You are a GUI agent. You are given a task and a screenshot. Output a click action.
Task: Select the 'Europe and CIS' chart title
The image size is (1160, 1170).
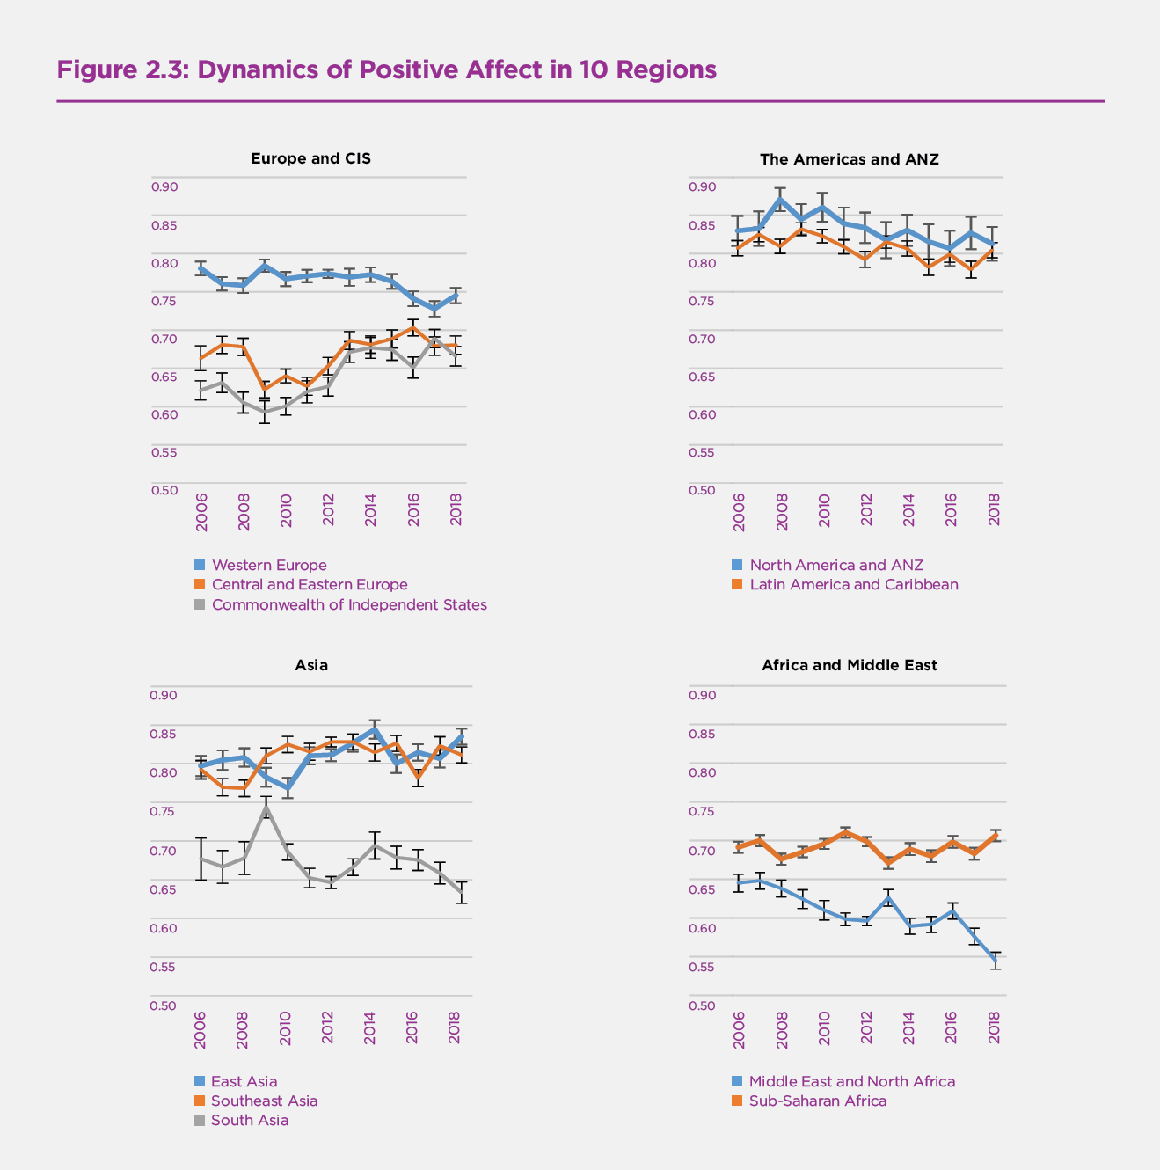pos(310,158)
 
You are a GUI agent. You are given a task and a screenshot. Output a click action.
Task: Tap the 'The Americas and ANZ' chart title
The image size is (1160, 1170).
pos(849,159)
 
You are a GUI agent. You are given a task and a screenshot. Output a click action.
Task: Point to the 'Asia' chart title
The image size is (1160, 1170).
pos(311,665)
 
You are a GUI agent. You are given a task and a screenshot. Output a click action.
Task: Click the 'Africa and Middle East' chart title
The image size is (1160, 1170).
pos(849,665)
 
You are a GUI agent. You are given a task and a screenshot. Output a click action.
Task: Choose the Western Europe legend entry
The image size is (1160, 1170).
pos(268,566)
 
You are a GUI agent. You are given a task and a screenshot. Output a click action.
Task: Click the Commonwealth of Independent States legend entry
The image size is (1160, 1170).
pos(348,604)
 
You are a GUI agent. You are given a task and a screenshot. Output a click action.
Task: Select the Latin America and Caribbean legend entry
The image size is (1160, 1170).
pos(853,584)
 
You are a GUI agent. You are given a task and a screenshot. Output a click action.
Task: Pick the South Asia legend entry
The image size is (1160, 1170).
pos(249,1120)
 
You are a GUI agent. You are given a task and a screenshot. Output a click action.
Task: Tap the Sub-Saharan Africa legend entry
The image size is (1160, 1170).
pos(817,1101)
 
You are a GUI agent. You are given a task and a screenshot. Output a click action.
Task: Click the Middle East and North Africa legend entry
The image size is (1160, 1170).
pos(851,1081)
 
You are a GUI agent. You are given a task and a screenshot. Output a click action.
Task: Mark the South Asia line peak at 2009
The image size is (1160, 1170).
pos(265,807)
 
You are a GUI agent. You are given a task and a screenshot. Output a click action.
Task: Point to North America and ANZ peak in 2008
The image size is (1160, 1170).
pos(780,199)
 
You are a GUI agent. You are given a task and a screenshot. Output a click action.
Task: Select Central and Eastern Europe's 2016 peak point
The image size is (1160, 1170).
pos(412,327)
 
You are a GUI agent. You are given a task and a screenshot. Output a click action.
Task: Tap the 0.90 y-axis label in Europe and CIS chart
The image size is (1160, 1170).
pos(164,186)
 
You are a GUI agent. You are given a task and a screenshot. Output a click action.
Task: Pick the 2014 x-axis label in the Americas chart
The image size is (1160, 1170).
pos(908,509)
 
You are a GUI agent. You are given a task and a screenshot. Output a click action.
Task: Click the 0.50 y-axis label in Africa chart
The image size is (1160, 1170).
pos(703,1005)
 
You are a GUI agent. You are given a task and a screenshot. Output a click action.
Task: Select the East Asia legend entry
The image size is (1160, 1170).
pos(244,1081)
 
